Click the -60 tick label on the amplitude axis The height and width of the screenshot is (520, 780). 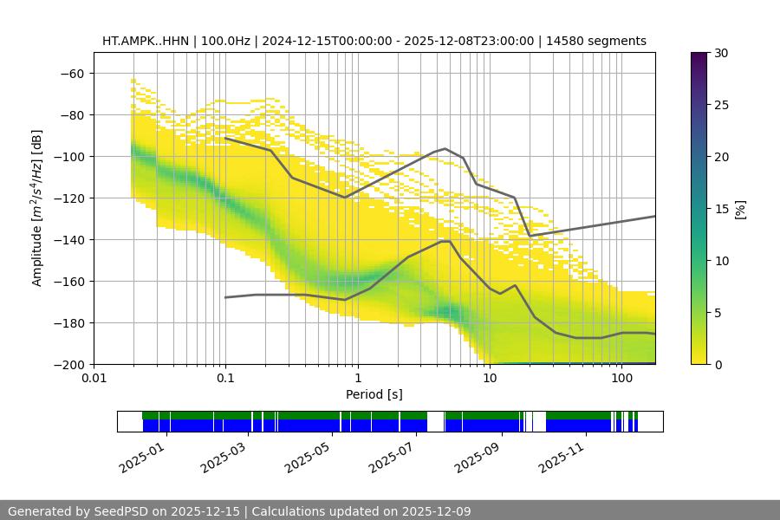pos(71,73)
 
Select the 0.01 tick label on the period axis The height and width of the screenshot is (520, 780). pos(94,379)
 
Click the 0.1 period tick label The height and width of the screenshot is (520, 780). pos(225,379)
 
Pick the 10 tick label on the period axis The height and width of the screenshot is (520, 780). pos(489,379)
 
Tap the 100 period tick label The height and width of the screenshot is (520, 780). pos(621,379)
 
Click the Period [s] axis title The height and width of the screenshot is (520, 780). pos(374,394)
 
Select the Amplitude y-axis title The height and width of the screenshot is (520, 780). pos(37,208)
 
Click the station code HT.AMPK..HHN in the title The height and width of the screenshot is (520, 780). pos(140,41)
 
